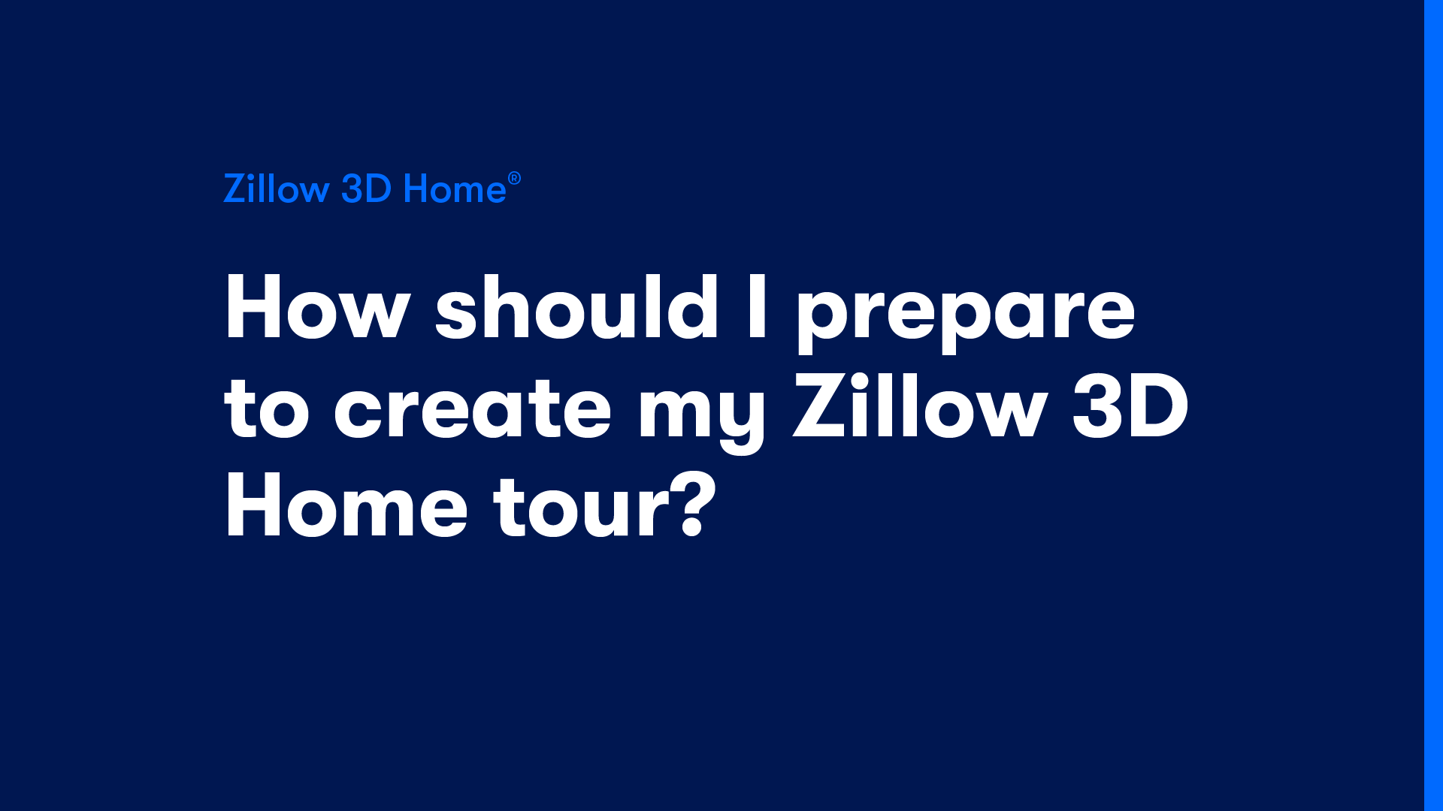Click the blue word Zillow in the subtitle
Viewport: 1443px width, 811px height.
click(277, 188)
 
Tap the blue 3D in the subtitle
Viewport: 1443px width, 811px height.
click(367, 188)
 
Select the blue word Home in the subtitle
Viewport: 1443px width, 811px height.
click(455, 188)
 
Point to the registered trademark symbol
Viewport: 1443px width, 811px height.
click(514, 178)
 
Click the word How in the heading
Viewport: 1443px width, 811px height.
click(316, 308)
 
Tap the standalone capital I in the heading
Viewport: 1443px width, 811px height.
click(757, 307)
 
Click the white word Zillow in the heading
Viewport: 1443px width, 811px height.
click(921, 405)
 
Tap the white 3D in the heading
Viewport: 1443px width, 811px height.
click(1130, 406)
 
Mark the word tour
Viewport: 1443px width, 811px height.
click(582, 506)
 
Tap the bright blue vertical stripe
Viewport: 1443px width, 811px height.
click(1433, 405)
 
